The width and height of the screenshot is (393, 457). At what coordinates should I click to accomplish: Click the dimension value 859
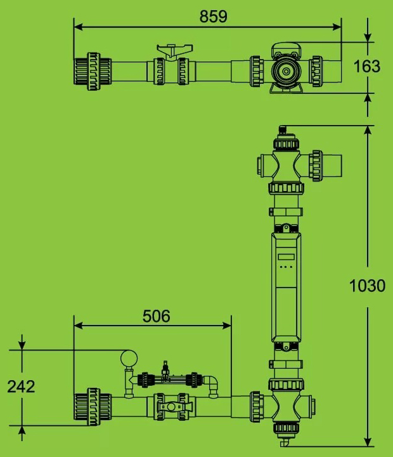click(213, 17)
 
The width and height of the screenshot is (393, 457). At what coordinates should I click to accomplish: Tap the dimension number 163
click(367, 66)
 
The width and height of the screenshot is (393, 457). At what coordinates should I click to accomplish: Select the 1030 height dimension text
click(368, 286)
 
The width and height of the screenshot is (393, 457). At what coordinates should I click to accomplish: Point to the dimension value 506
click(157, 316)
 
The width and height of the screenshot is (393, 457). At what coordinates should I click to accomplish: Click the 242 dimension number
click(21, 387)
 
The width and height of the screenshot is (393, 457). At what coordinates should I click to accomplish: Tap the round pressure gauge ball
click(129, 358)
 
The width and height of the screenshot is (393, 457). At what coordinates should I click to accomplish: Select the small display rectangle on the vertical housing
click(286, 257)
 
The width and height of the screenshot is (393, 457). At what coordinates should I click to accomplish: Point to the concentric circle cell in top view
click(286, 71)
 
